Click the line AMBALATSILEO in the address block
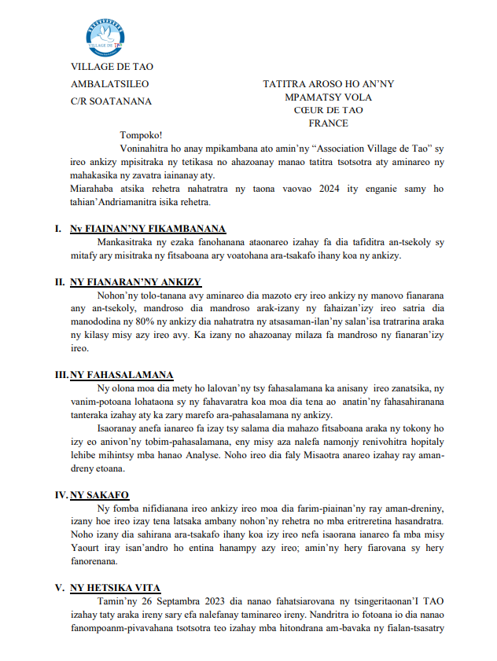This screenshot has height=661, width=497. pos(109,83)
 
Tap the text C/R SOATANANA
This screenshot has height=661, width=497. pos(112,101)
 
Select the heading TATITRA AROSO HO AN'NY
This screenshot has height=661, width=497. pos(328,84)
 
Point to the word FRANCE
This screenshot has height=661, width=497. pos(328,123)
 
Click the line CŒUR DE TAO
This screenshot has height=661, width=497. pos(328,110)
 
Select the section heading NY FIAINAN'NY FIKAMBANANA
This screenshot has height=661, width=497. pos(148,229)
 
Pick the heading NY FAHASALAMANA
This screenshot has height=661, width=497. pos(122,374)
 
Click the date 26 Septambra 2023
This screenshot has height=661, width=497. pos(181,601)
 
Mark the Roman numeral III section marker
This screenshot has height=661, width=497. pos(61,374)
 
